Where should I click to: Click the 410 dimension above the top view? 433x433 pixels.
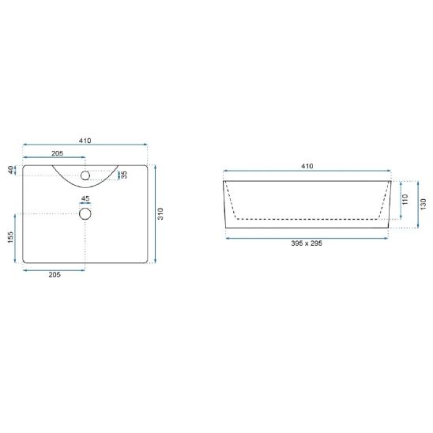coord(85,141)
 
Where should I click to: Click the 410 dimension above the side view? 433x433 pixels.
coord(307,166)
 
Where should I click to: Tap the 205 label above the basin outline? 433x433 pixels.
coord(58,153)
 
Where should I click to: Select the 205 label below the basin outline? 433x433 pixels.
coord(55,274)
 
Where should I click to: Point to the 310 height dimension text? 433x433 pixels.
coord(160,214)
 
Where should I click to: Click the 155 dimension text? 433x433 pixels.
coord(10,238)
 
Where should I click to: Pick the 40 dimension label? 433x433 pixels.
coord(10,170)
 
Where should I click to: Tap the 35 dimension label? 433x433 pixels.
coord(124,175)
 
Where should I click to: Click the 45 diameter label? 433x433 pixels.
coord(85,198)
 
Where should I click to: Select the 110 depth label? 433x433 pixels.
coord(405,199)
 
